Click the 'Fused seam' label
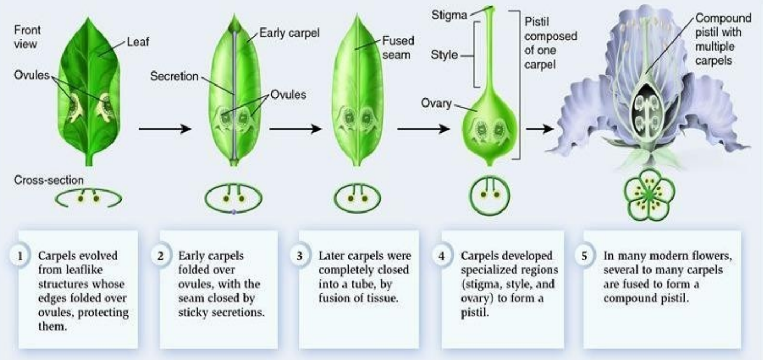(399, 47)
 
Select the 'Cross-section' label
(49, 181)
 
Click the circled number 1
(20, 256)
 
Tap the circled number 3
(300, 256)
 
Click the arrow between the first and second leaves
(165, 129)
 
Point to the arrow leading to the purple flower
(540, 129)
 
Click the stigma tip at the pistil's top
(489, 9)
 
